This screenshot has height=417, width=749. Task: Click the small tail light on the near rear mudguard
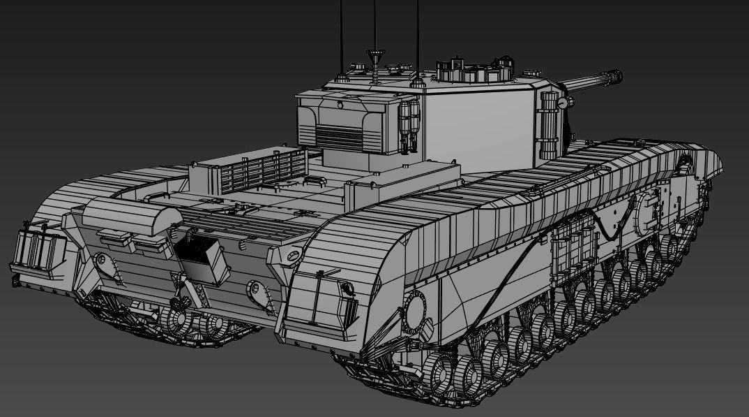pyautogui.click(x=344, y=287)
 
